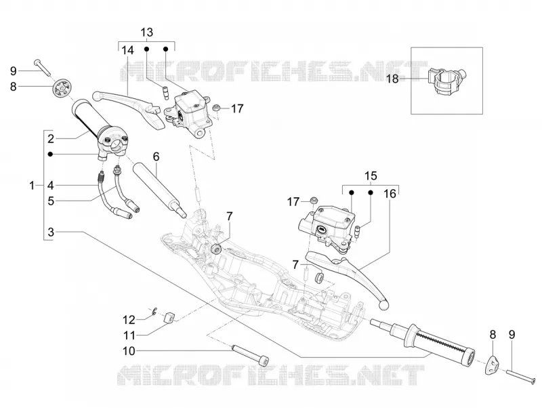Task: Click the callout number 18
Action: (x=393, y=79)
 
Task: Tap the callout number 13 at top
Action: (x=146, y=33)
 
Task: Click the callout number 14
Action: (x=127, y=50)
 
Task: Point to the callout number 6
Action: (x=157, y=157)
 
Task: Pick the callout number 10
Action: (x=129, y=351)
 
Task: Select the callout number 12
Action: (x=129, y=320)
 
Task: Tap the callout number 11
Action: (x=129, y=335)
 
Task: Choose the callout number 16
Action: (x=390, y=194)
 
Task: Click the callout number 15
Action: (x=371, y=176)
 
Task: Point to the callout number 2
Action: (x=51, y=139)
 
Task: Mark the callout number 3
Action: (x=51, y=232)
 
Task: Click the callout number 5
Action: (x=51, y=201)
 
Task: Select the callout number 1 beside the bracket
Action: (x=32, y=186)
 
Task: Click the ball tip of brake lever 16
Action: (x=383, y=304)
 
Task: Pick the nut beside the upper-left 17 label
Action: (x=217, y=108)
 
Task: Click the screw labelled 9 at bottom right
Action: (x=522, y=377)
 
